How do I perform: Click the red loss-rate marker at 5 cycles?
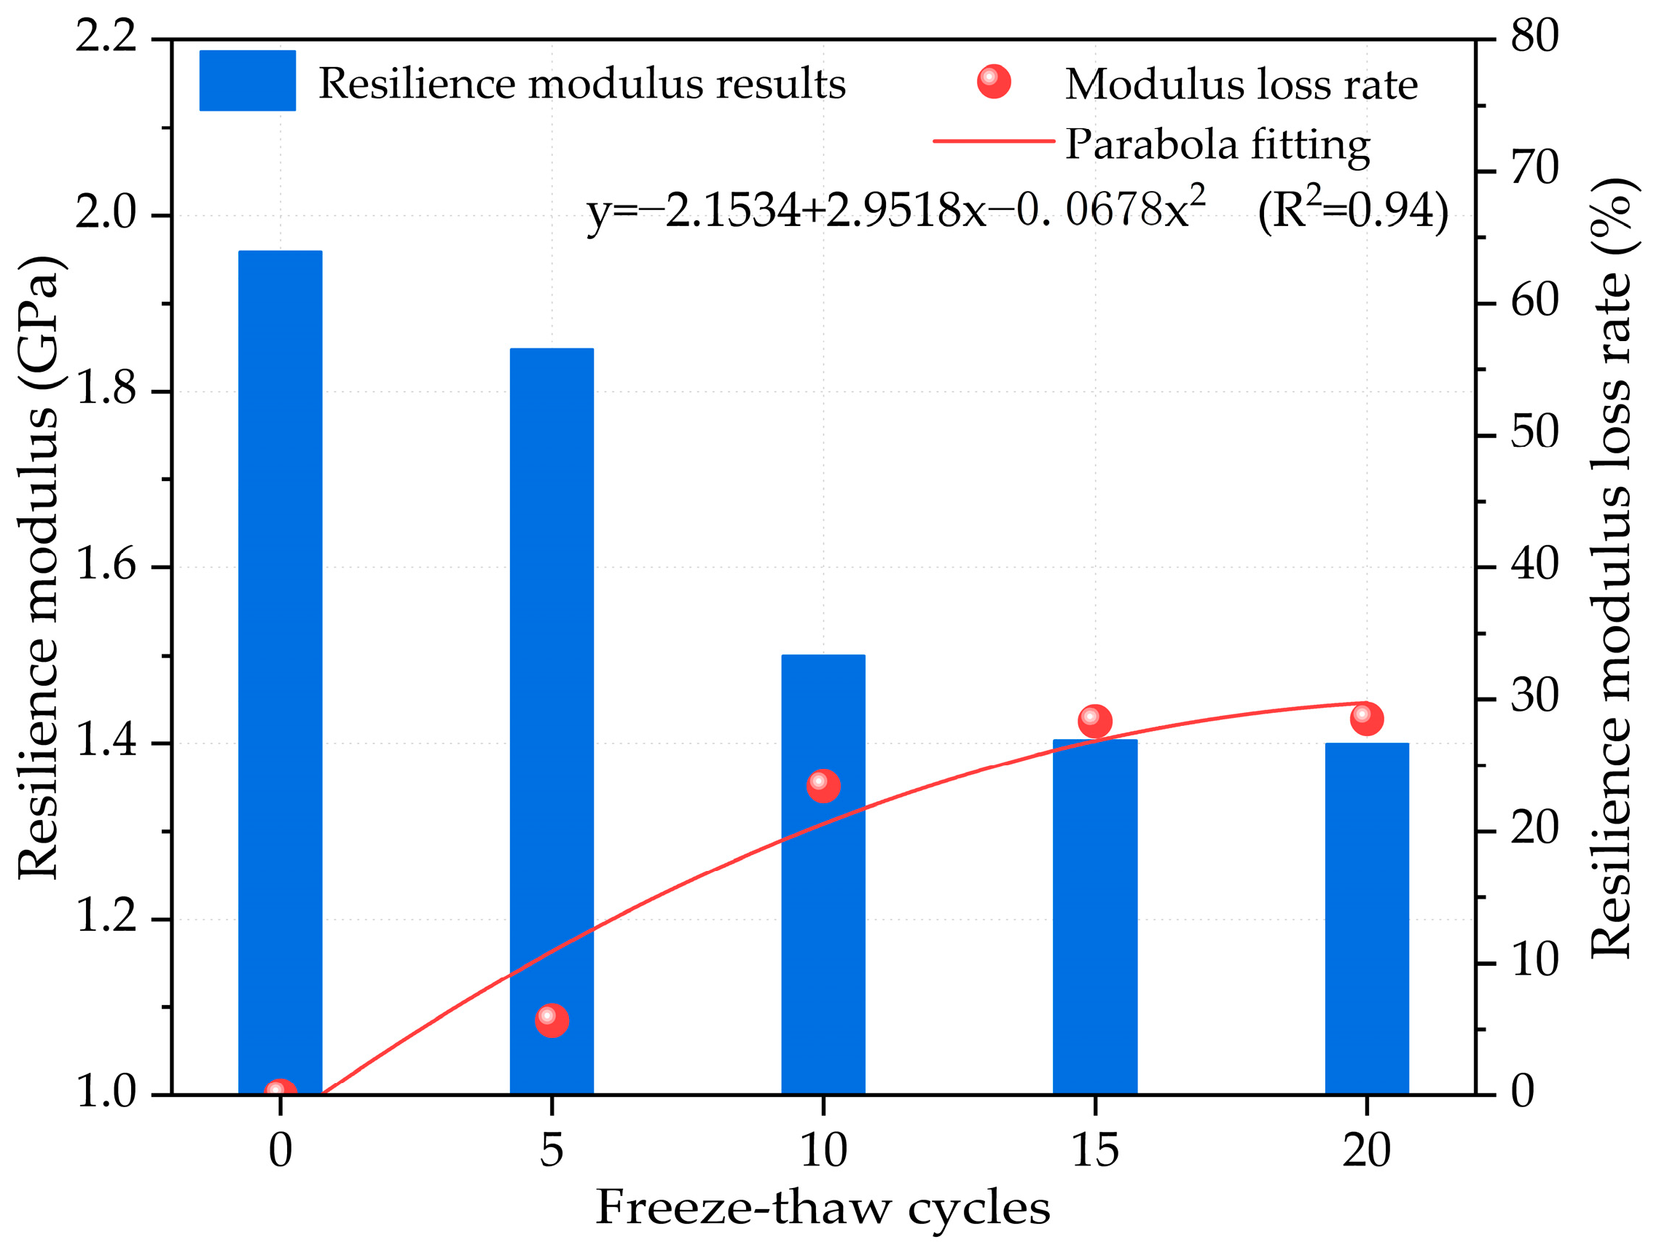click(552, 1020)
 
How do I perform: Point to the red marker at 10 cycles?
click(823, 785)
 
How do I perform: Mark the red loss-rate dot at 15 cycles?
click(1094, 720)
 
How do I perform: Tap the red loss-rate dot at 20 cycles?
click(1366, 718)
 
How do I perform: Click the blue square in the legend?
click(247, 80)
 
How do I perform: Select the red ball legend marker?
click(993, 81)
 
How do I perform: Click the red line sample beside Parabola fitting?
click(993, 140)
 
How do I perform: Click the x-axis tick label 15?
click(1094, 1150)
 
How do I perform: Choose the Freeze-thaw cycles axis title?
click(823, 1208)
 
